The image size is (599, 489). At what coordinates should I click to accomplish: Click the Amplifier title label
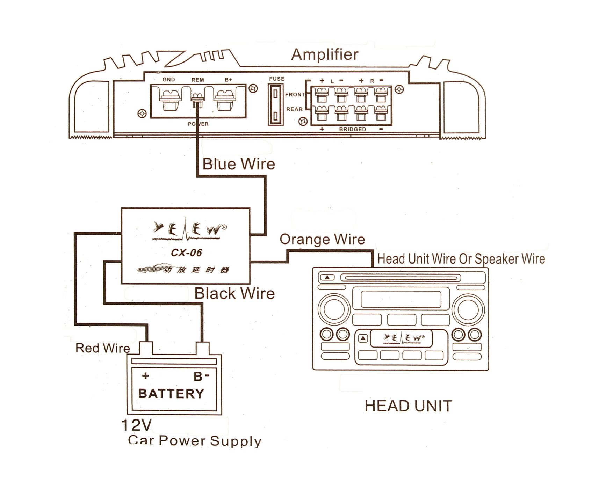point(325,54)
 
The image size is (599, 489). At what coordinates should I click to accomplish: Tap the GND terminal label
point(168,80)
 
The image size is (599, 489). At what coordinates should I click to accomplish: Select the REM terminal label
point(197,80)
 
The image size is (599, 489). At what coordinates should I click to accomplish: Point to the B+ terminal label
point(228,80)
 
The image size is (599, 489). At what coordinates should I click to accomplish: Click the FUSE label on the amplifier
point(277,79)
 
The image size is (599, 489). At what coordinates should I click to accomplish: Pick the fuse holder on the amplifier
point(276,104)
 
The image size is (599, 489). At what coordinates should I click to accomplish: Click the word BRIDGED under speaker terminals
point(352,129)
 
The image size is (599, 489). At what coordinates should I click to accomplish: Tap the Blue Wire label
point(239,164)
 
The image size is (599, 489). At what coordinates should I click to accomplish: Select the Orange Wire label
point(322,239)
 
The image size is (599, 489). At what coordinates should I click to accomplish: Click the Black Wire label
point(234,293)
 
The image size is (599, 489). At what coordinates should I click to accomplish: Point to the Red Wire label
point(102,348)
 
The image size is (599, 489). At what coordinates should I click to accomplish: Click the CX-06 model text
point(186,253)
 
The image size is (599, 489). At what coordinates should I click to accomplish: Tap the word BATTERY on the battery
point(171,394)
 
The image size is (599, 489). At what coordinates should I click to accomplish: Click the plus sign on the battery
point(145,376)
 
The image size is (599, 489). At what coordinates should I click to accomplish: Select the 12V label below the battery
point(136,425)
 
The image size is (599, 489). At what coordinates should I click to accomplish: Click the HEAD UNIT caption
point(408,406)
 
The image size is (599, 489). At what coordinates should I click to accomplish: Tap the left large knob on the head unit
point(334,309)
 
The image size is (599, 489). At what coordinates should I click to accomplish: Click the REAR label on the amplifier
point(294,109)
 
